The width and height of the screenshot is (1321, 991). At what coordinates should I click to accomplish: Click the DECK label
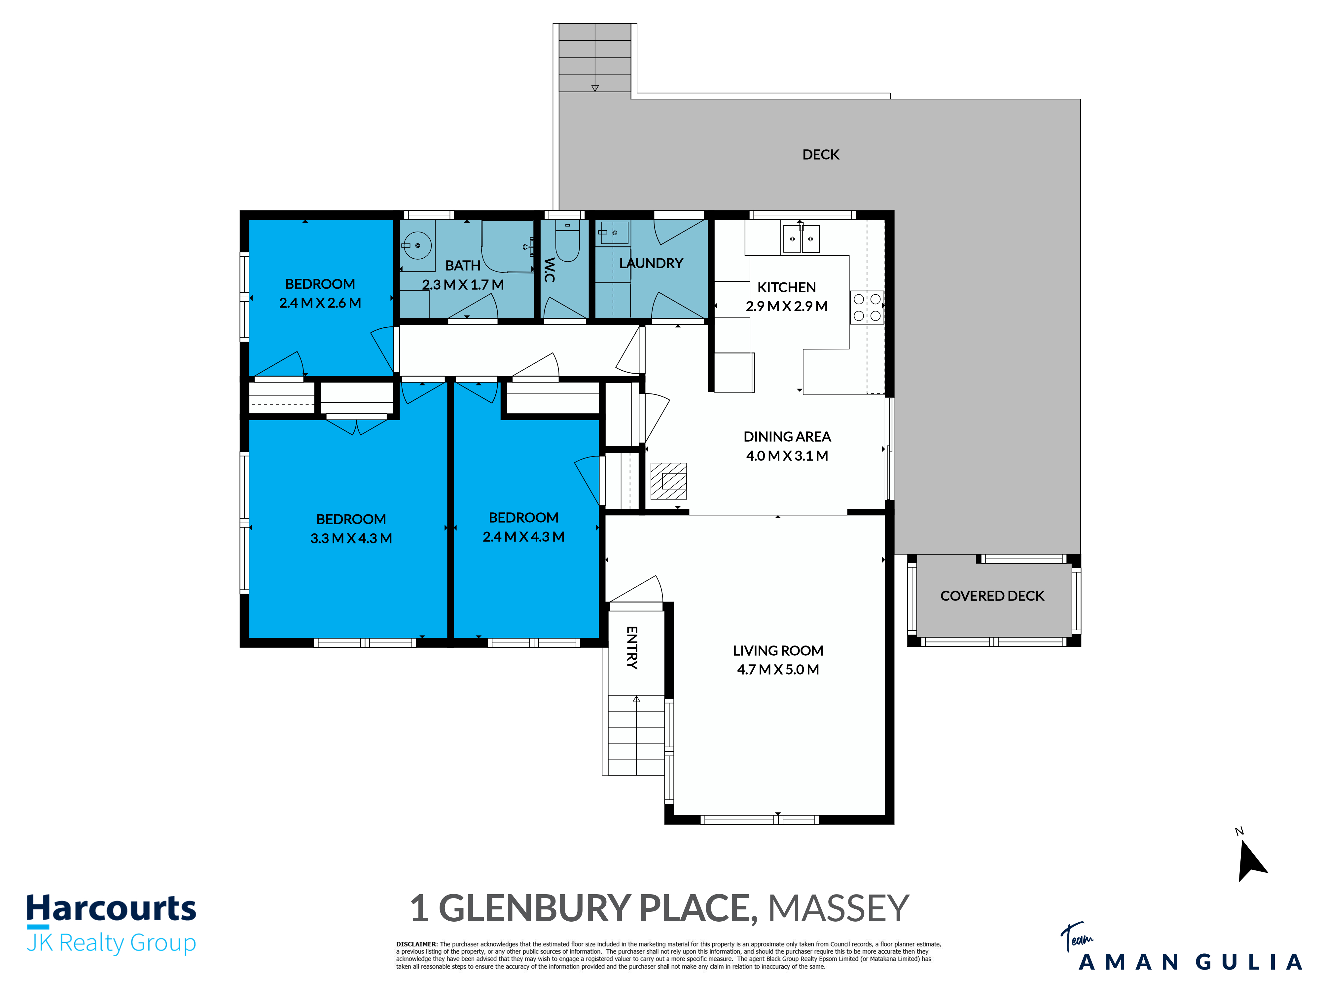coord(821,155)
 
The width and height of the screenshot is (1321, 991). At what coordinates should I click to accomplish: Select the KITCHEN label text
coord(787,287)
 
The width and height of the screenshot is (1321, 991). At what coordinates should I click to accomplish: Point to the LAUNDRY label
coord(651,263)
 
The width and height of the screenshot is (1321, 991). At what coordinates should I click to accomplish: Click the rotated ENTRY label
coord(632,647)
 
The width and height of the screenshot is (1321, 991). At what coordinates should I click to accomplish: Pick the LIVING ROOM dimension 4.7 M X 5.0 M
coord(777,670)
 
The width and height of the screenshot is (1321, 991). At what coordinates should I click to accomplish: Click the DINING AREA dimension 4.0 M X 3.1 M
coord(787,456)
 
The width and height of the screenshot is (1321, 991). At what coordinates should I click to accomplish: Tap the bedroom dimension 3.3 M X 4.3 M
coord(351,538)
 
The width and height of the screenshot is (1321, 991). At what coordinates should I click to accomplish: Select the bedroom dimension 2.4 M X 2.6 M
coord(320,303)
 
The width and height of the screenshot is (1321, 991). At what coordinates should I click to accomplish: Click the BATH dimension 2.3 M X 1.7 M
coord(463,285)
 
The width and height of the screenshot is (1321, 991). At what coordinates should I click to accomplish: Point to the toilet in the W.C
coord(567,241)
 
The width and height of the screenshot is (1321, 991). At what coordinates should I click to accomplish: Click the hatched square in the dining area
coord(668,481)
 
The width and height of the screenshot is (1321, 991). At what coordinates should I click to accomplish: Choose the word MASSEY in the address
coord(838,908)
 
